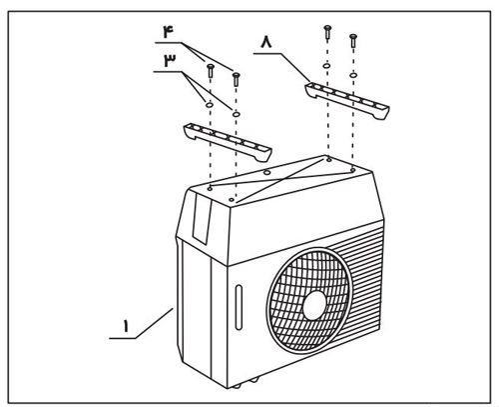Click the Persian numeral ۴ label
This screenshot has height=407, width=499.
169,31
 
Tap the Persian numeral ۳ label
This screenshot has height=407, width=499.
170,60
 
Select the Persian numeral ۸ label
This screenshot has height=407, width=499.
266,43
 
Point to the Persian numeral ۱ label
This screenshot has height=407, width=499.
126,326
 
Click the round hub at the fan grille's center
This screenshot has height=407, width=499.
314,305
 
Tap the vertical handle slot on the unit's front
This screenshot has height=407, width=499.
239,307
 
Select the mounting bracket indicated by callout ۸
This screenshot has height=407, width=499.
347,100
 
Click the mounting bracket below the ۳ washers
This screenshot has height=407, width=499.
228,142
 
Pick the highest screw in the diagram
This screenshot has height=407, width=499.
327,32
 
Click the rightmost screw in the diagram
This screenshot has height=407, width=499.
353,41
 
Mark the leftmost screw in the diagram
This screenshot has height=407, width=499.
211,71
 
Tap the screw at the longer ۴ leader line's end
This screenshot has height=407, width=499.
236,79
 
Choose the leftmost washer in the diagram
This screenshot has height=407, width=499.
210,105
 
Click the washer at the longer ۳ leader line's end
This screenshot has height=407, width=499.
236,114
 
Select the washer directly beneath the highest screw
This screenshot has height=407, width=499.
327,66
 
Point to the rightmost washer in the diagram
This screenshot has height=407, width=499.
353,75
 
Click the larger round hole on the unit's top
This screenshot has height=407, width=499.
266,172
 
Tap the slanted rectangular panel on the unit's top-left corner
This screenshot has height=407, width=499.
202,218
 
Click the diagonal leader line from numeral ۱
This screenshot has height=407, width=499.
154,323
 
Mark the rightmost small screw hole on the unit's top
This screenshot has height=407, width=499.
352,170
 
